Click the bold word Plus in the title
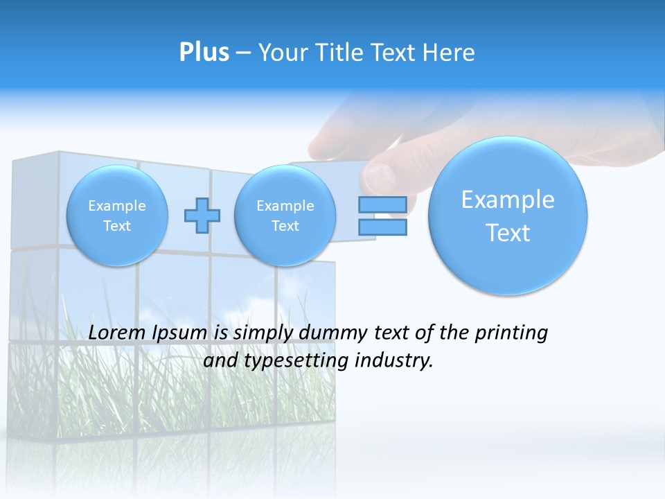tap(204, 53)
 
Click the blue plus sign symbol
tap(202, 216)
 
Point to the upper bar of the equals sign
tap(382, 205)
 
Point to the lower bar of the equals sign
tap(382, 227)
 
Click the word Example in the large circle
tap(508, 200)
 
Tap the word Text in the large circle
tap(508, 233)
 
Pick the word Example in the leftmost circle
tap(117, 206)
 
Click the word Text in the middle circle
tap(285, 226)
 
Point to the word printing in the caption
tap(511, 333)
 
